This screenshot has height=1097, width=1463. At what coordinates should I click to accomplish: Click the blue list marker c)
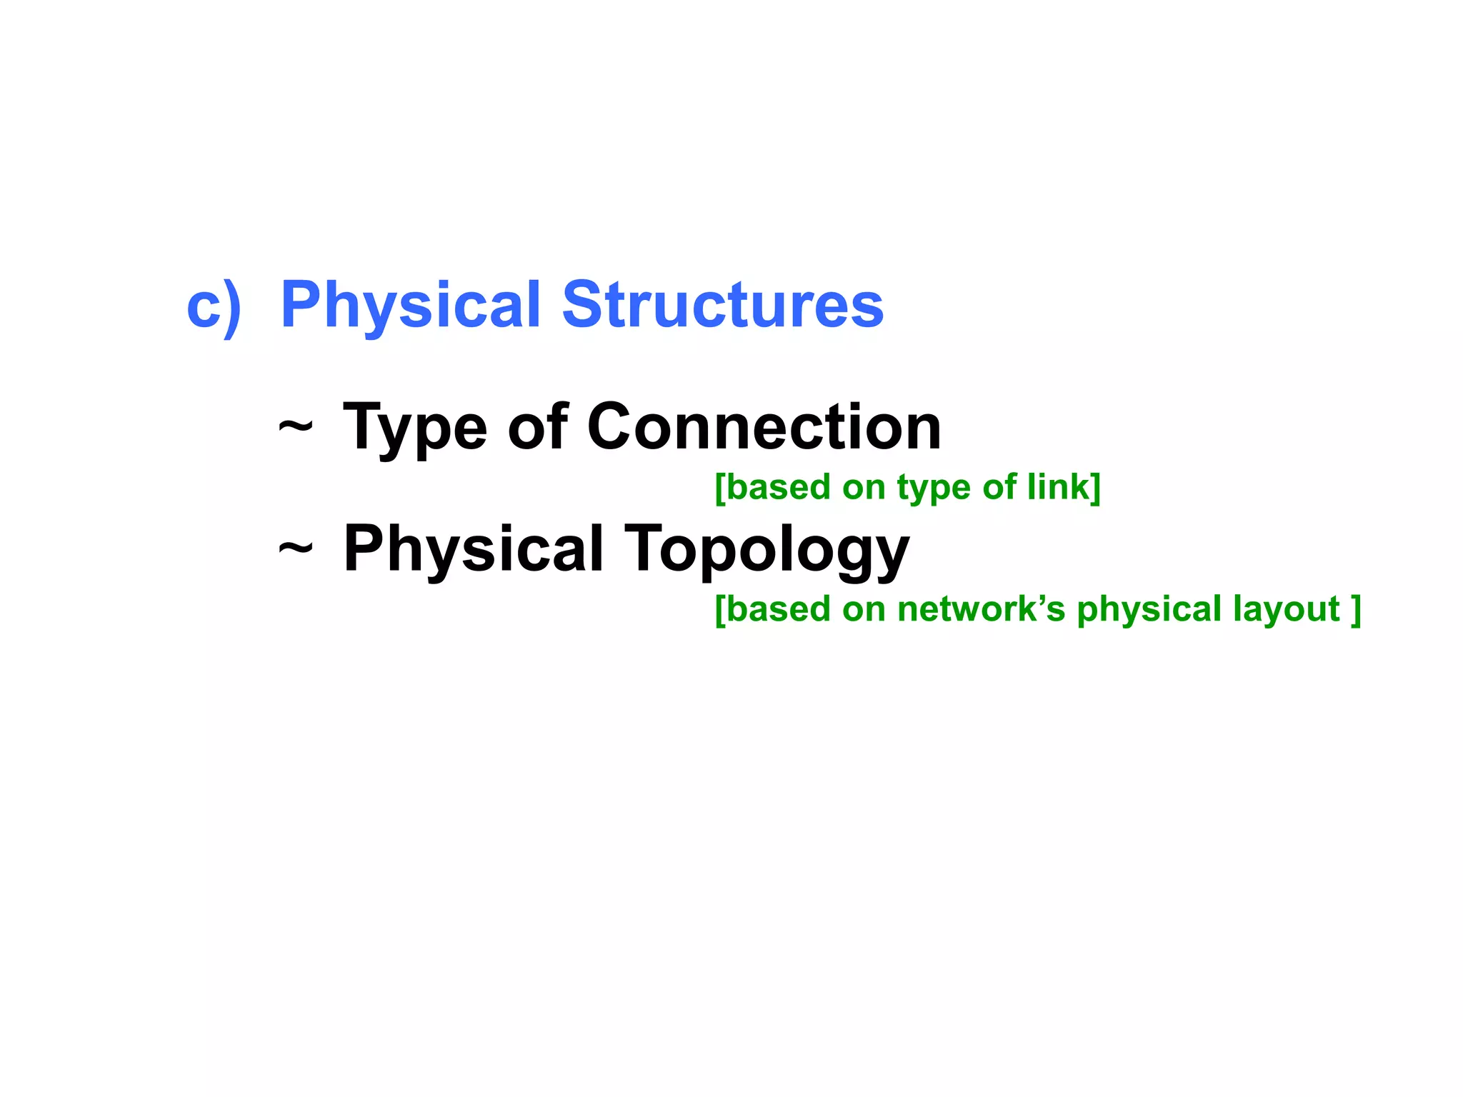point(214,307)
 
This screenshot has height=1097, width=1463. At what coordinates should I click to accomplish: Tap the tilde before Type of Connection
point(295,428)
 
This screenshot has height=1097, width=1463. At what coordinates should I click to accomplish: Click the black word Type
point(415,429)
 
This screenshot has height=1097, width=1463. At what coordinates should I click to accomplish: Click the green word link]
point(1064,488)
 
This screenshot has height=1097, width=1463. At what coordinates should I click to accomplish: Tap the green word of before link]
point(999,487)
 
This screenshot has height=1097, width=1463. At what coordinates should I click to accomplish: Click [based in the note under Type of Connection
point(773,488)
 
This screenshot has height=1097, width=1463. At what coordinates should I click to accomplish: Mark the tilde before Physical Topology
point(295,549)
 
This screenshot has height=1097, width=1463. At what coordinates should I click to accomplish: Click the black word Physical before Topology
point(474,549)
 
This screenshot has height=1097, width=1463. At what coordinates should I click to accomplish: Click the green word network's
point(981,610)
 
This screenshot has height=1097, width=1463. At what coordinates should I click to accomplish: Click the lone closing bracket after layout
point(1356,610)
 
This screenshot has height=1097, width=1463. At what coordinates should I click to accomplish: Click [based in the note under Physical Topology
point(773,610)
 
